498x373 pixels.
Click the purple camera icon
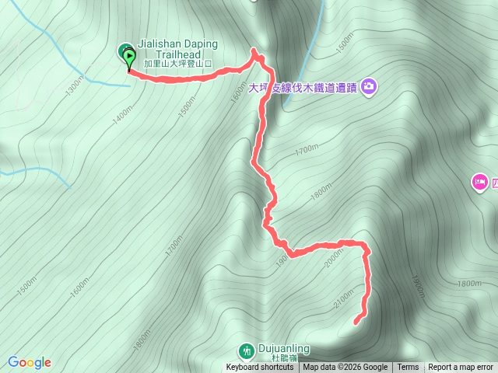[x=369, y=86]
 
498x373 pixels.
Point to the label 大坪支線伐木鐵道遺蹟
[x=303, y=88]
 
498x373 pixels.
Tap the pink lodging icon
[x=479, y=183]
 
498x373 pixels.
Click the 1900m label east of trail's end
[x=417, y=286]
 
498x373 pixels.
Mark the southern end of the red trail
[x=356, y=322]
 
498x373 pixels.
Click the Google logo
[x=30, y=362]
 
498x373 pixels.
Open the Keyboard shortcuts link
[x=260, y=368]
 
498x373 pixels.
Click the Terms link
[x=408, y=368]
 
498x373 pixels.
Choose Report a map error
[x=461, y=368]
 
